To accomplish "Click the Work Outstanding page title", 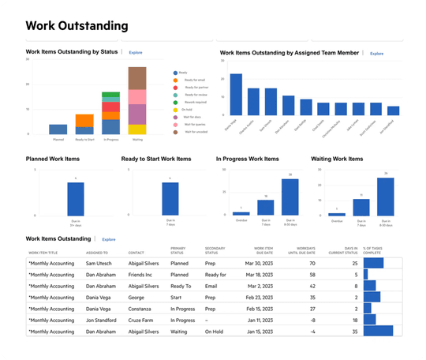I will click(x=77, y=26).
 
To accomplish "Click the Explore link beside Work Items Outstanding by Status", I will click(x=136, y=51).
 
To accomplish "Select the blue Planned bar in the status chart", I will click(x=58, y=129).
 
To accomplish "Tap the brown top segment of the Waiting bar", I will click(x=136, y=78).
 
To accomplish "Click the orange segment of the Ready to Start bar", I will click(x=84, y=120).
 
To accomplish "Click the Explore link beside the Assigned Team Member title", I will click(x=376, y=54).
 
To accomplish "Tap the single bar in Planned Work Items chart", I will click(x=75, y=198).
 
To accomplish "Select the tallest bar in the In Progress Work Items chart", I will click(x=290, y=197).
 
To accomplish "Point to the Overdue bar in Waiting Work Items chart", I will click(x=337, y=214).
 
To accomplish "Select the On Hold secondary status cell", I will click(x=215, y=332).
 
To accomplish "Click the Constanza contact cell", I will click(x=144, y=309).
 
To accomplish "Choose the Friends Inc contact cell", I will click(x=144, y=275).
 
